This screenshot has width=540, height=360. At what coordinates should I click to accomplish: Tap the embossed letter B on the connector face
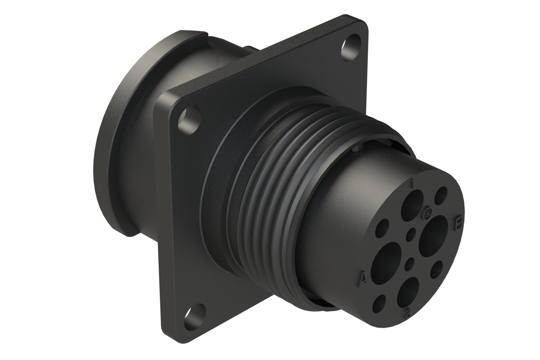(457, 223)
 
